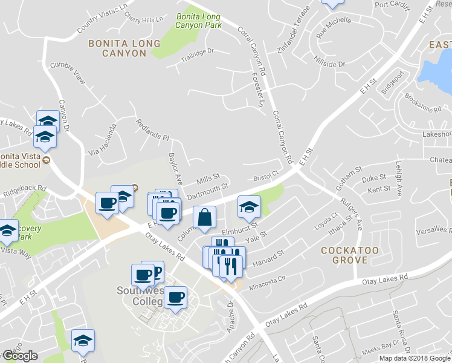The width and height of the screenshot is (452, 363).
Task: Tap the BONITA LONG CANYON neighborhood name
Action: [124, 48]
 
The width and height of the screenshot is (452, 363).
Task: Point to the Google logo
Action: [19, 356]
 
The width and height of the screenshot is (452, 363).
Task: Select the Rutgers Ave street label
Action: [353, 212]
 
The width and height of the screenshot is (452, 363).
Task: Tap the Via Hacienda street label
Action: [102, 140]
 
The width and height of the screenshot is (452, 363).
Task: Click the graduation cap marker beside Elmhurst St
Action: [249, 206]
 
